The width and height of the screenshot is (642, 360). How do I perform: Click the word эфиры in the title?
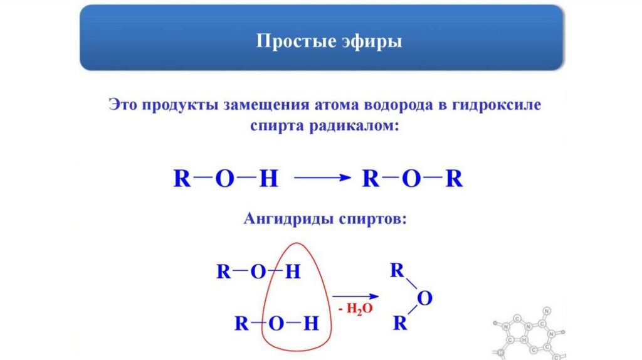click(x=365, y=43)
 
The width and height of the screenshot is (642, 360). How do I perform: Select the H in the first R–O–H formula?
click(x=268, y=179)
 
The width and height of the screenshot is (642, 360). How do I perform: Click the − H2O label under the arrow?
click(x=355, y=309)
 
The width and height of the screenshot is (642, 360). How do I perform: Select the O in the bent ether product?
click(x=424, y=299)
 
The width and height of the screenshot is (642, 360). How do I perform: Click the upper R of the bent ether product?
click(x=396, y=271)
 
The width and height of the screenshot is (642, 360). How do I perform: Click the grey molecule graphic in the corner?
click(x=533, y=332)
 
